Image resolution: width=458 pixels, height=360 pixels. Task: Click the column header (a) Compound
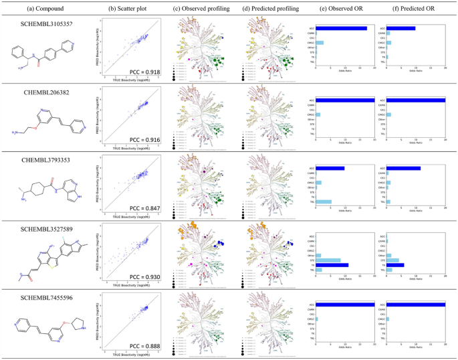click(45, 7)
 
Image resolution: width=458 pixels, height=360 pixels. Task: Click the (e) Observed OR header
click(342, 7)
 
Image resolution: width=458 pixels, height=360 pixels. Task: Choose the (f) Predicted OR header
click(411, 7)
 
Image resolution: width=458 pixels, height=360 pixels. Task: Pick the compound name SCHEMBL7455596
click(45, 298)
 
